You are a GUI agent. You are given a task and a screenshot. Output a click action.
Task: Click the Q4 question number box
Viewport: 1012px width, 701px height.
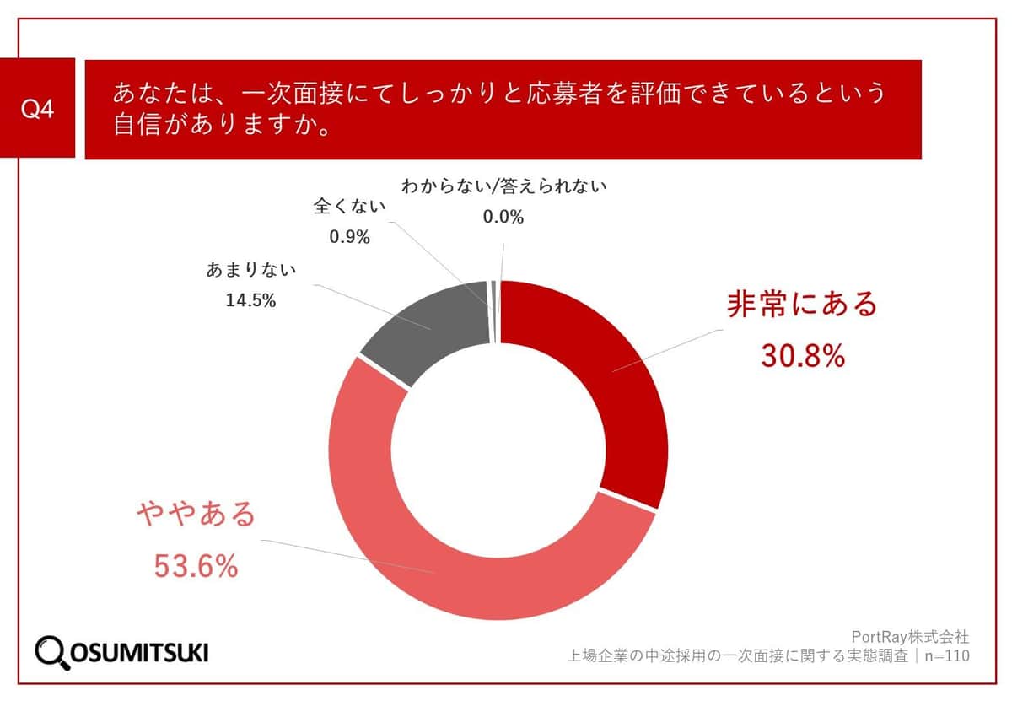[x=37, y=109]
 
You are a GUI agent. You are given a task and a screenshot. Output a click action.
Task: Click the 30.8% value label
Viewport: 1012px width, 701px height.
[x=802, y=357]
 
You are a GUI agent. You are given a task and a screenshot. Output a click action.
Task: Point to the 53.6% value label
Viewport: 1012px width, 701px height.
[x=196, y=567]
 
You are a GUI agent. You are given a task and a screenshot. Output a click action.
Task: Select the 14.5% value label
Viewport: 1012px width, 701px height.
[x=250, y=299]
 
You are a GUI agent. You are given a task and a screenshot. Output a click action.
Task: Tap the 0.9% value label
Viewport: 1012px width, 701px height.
[x=350, y=237]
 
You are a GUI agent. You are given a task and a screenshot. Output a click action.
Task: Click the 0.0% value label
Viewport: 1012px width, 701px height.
[x=503, y=217]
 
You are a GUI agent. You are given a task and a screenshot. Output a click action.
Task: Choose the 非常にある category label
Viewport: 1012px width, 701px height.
[x=802, y=305]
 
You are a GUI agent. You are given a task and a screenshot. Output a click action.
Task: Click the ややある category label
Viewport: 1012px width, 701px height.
[x=196, y=514]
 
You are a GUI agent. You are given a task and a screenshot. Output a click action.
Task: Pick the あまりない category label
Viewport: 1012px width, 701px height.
[x=250, y=271]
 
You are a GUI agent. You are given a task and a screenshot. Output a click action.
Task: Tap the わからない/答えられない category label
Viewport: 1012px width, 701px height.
[x=503, y=186]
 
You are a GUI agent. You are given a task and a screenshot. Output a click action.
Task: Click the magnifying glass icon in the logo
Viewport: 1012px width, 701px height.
[x=53, y=651]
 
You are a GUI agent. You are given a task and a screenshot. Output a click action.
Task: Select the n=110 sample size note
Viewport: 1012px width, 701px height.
[x=945, y=655]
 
